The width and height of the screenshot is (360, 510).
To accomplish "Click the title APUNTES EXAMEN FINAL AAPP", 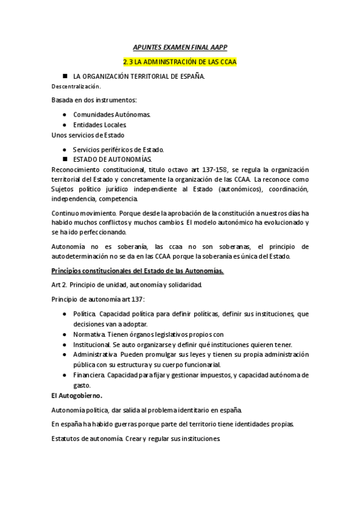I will coord(180,46).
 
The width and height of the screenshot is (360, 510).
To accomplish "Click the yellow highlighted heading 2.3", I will coord(180,62).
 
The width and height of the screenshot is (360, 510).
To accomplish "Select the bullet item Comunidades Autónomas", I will coord(112,114).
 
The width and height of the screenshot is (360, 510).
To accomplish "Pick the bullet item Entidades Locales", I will coord(100,124).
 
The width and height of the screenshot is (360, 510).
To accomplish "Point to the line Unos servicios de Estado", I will coord(88,135).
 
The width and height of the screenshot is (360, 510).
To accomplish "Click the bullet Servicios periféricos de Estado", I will coord(118,149).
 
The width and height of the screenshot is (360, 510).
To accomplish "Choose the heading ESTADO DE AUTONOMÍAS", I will coord(112,159).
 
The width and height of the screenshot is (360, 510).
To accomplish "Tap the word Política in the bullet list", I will coord(84,314).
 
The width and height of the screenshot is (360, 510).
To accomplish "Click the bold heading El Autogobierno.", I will coord(77,396).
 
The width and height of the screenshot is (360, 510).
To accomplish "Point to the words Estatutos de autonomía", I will coord(88,438).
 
